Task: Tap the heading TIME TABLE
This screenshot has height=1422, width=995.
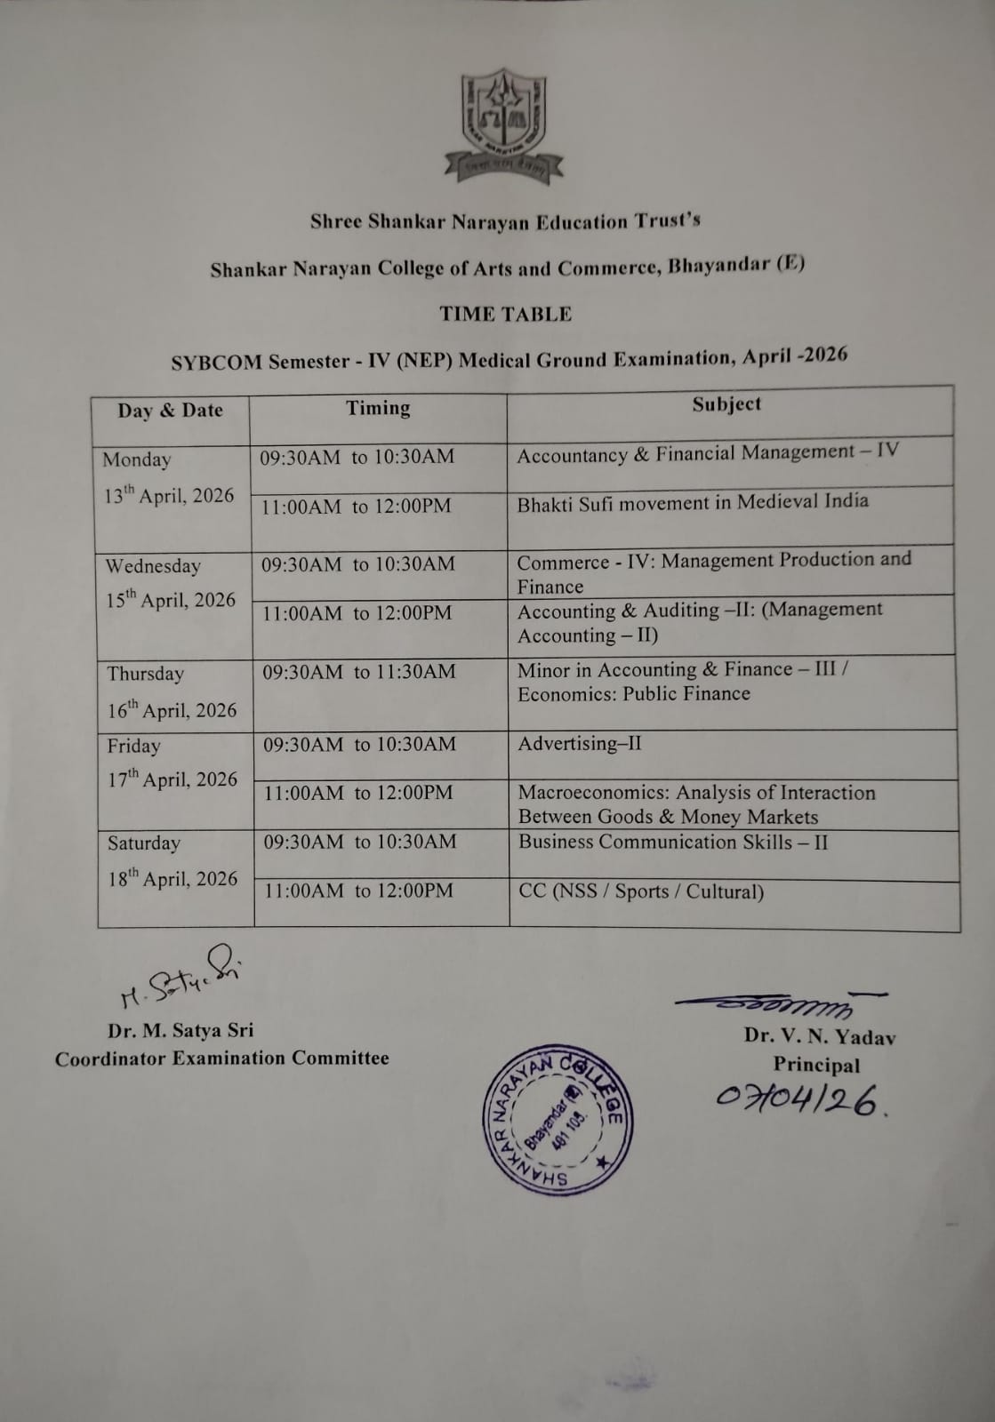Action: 505,314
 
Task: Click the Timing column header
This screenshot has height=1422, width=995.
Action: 378,408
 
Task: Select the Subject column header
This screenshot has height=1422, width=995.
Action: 726,404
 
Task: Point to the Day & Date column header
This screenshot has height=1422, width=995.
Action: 170,411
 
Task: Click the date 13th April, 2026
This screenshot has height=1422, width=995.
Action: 169,495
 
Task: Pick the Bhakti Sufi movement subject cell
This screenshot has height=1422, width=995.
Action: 693,502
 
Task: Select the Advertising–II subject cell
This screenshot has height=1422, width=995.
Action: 580,743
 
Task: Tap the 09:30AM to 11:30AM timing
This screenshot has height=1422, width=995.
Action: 358,672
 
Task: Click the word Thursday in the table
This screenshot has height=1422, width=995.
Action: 146,674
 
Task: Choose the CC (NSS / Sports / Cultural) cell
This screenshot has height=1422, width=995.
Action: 641,891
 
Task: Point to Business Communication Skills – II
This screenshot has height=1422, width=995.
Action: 673,842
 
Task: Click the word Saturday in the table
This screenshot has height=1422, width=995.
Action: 144,843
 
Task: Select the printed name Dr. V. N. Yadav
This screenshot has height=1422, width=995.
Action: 820,1036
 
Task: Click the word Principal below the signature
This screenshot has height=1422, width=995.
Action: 816,1065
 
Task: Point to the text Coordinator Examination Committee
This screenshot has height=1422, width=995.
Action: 222,1059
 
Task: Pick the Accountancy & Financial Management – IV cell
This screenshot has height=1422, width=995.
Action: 708,453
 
